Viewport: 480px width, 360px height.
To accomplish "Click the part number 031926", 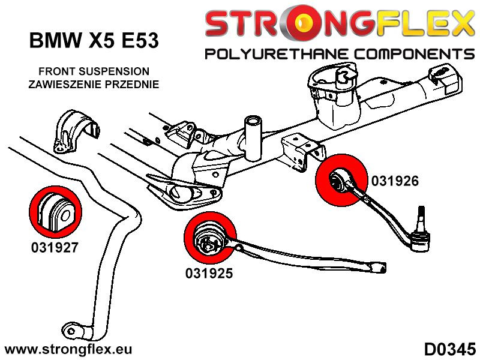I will pyautogui.click(x=395, y=180).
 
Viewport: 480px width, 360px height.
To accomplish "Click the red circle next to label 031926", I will pyautogui.click(x=341, y=179).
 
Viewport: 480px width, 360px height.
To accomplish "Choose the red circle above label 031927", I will pyautogui.click(x=53, y=212).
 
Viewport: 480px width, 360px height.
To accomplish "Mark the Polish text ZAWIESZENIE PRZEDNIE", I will pyautogui.click(x=94, y=84).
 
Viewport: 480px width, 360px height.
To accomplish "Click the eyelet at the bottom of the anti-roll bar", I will pyautogui.click(x=73, y=332).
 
